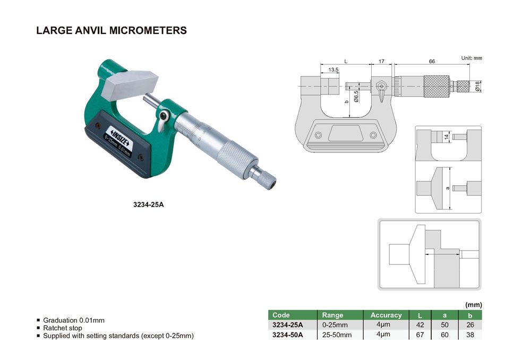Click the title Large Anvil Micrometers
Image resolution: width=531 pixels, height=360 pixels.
click(x=112, y=30)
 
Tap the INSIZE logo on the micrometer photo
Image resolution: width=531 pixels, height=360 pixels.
click(x=120, y=137)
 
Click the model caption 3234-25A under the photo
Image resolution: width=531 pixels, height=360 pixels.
click(x=148, y=204)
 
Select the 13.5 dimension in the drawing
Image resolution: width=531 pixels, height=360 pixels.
click(x=333, y=70)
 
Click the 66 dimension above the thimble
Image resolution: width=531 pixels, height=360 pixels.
click(x=432, y=61)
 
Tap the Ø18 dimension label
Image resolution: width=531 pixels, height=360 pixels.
click(x=477, y=86)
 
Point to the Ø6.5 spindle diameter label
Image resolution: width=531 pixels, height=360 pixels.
click(x=356, y=96)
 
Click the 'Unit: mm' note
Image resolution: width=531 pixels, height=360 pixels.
click(x=472, y=58)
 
